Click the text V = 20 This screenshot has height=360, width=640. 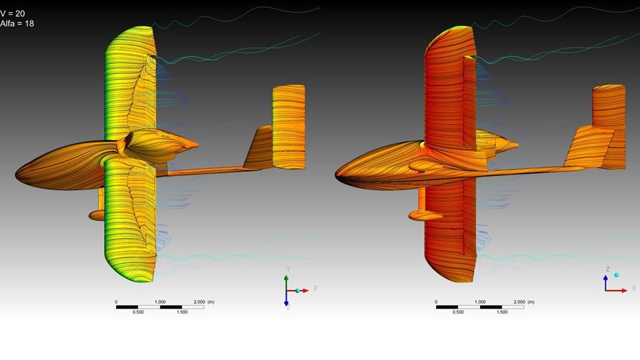pos(12,13)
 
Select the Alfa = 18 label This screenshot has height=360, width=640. pos(17,24)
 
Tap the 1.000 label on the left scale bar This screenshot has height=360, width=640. pos(160,301)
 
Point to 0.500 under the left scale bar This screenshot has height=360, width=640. pos(138,312)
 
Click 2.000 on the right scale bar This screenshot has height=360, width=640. pos(519,301)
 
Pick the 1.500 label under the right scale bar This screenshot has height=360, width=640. pos(502,312)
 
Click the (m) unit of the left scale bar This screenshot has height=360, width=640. pos(211,301)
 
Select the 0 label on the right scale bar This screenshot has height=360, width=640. pos(436,301)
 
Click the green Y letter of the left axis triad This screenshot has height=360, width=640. pos(288,269)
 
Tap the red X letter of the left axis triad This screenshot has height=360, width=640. pos(315,288)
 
